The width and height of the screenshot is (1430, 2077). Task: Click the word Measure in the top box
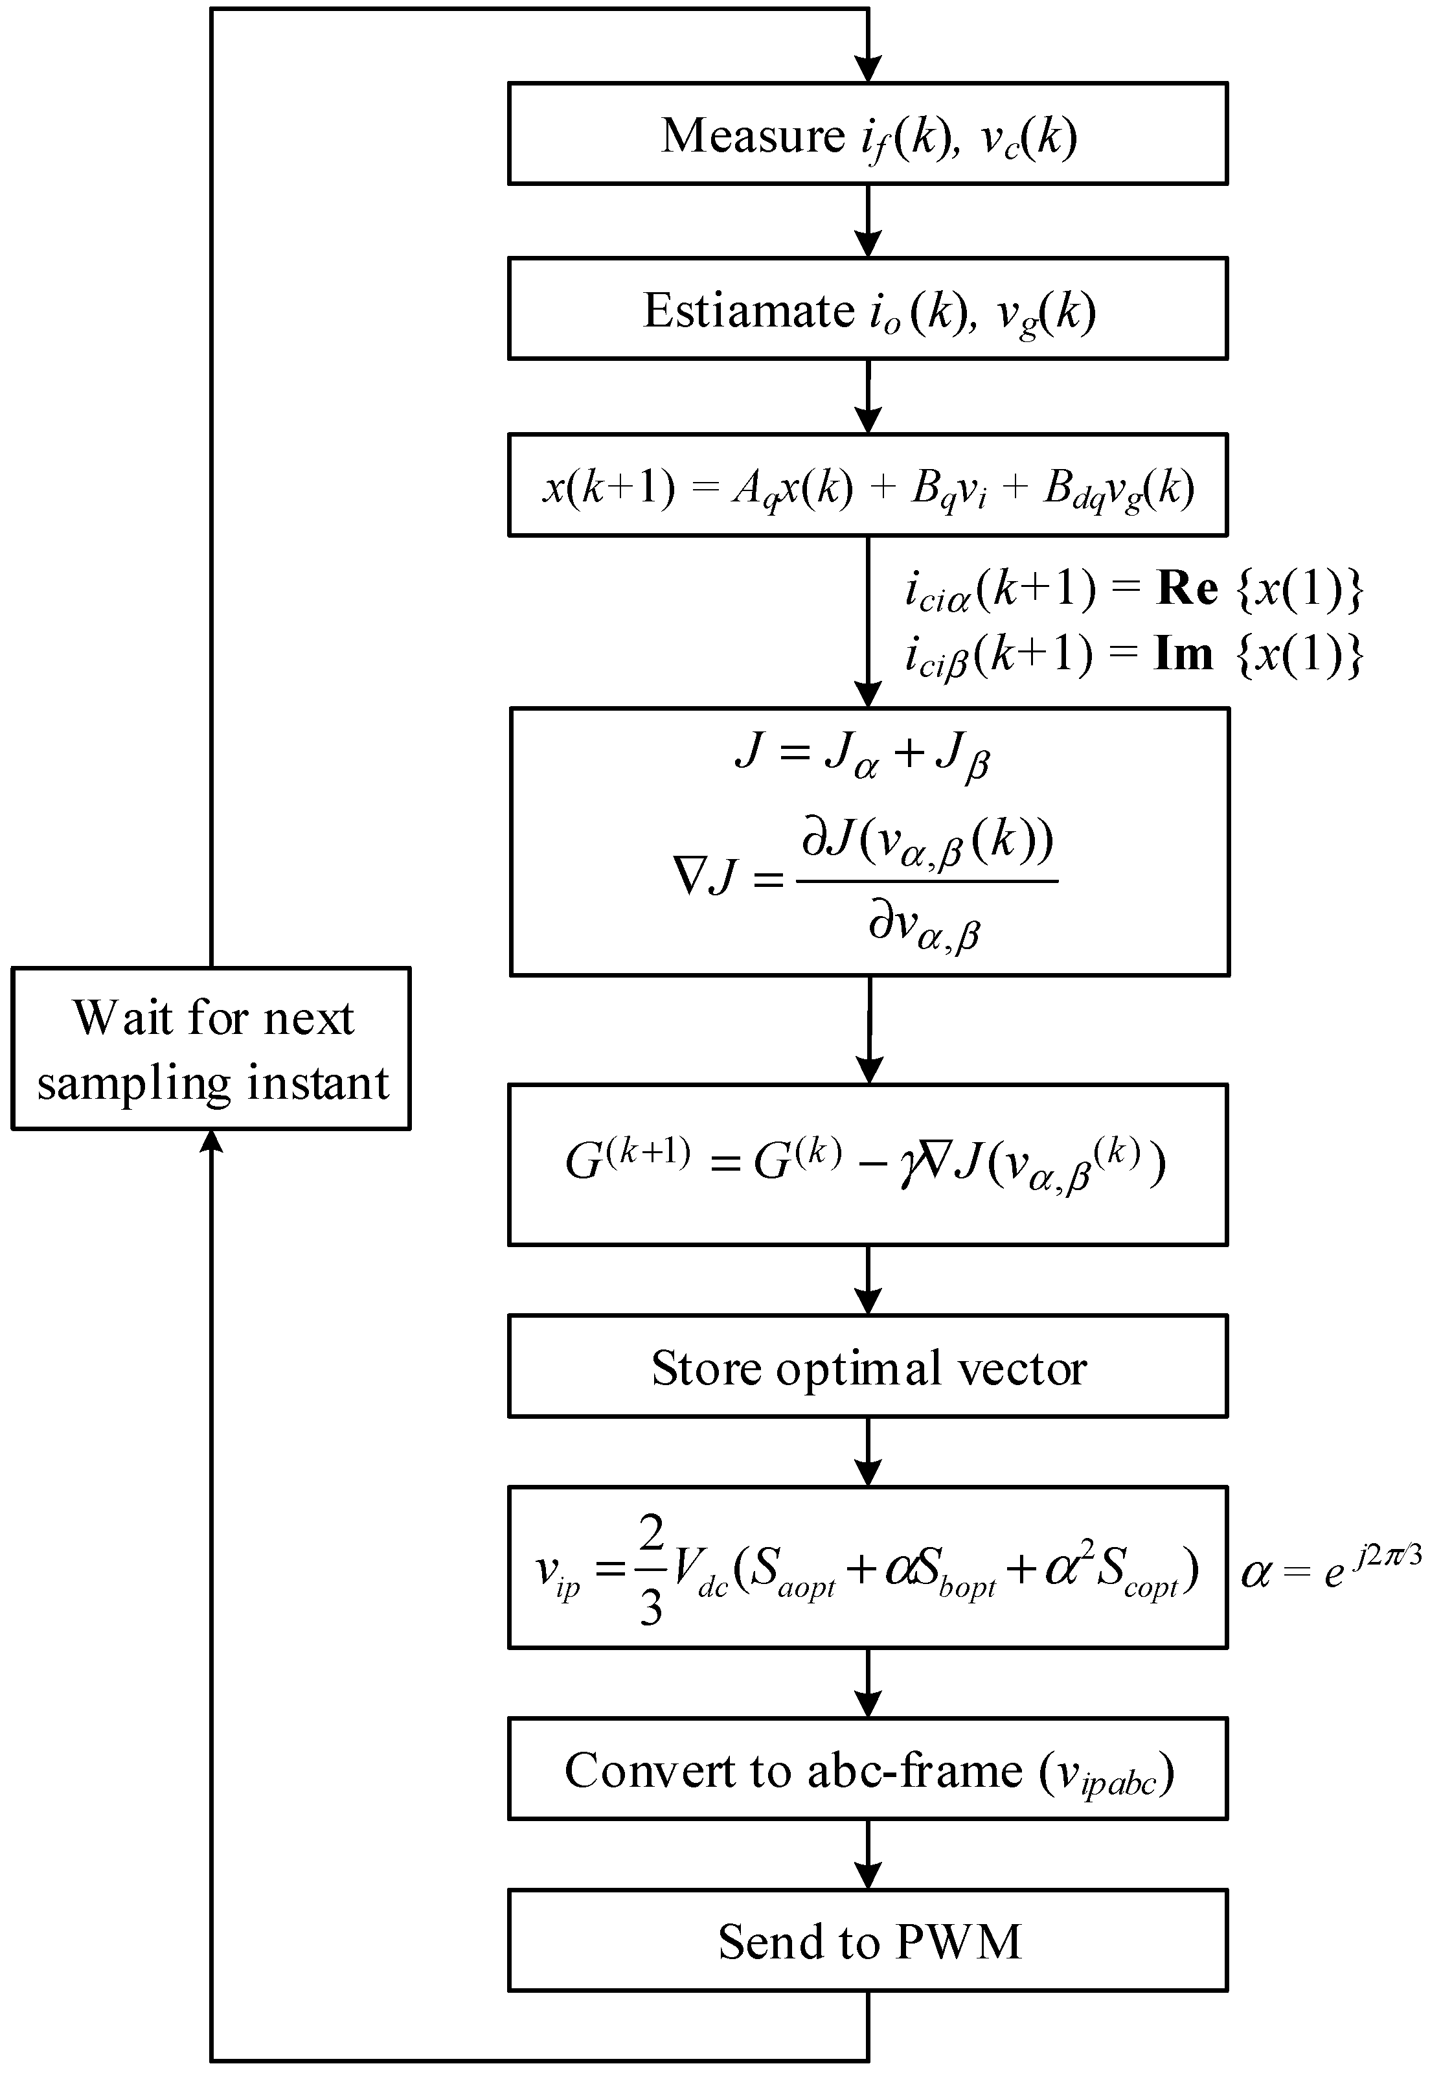coord(753,136)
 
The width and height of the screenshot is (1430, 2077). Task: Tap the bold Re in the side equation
coord(1187,589)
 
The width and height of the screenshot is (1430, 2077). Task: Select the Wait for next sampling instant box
coord(211,1048)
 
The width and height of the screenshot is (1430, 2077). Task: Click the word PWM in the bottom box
coord(958,1943)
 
